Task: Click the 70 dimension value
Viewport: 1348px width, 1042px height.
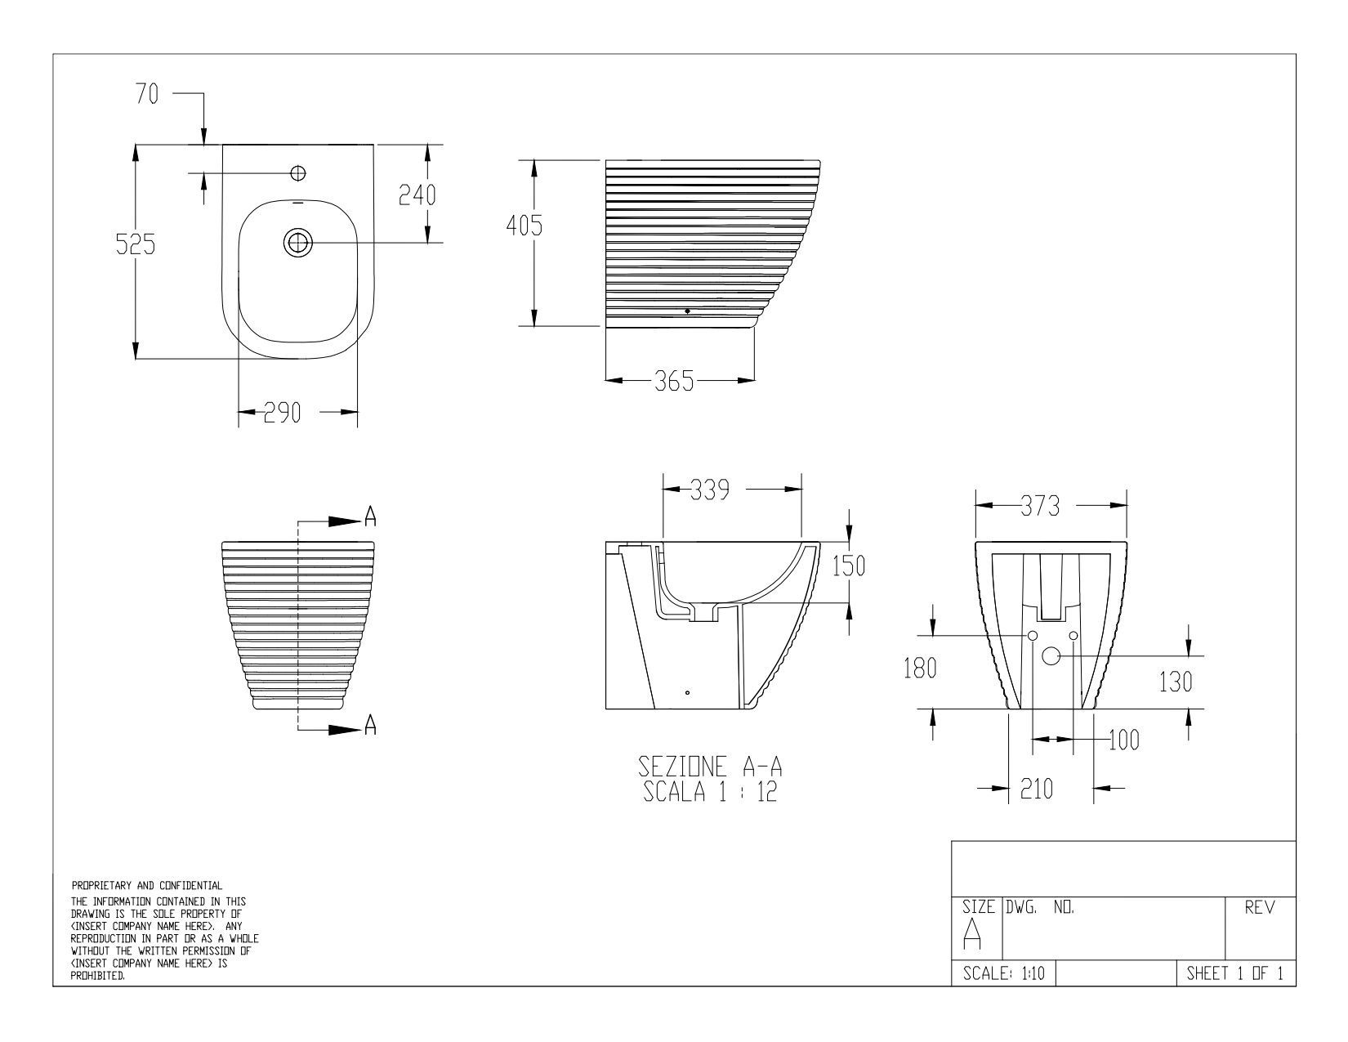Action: click(x=147, y=95)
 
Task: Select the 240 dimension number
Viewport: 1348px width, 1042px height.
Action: click(x=417, y=195)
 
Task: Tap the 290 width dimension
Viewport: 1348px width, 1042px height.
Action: click(x=281, y=413)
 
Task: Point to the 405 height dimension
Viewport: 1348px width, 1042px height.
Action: click(x=524, y=226)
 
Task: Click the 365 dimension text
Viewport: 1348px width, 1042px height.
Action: click(x=674, y=381)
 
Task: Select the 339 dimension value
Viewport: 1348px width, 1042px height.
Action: click(x=709, y=490)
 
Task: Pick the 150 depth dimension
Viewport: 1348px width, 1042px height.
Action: click(x=849, y=566)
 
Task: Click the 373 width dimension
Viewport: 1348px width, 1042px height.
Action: click(x=1040, y=506)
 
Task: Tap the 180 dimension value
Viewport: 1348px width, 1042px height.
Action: click(x=920, y=669)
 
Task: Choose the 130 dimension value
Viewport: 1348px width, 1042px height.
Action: click(x=1176, y=682)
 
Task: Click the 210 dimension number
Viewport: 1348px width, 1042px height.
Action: click(x=1036, y=789)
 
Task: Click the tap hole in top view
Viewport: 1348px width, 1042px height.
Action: click(x=298, y=173)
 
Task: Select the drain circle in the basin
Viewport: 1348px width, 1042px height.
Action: click(x=298, y=243)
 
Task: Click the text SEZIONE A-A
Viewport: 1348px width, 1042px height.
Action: click(x=710, y=767)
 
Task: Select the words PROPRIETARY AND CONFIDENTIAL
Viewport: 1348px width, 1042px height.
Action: click(x=146, y=885)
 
